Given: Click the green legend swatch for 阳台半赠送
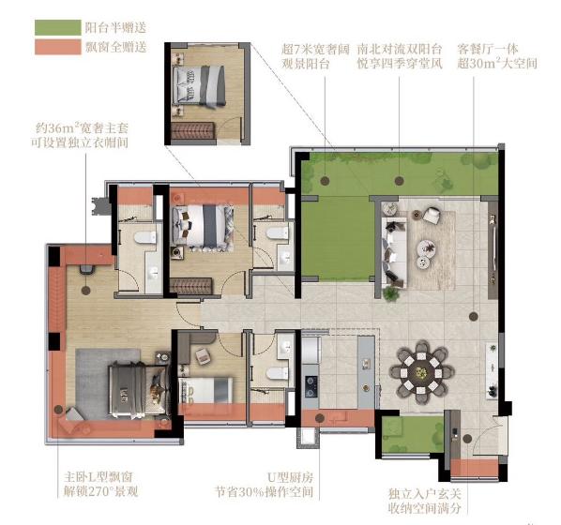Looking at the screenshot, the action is [x=57, y=28].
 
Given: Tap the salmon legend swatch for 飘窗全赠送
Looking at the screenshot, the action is [x=57, y=47].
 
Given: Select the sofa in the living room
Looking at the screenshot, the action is [x=394, y=252].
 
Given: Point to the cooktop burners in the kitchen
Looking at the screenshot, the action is [x=311, y=386].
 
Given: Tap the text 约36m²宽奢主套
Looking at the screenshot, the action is [x=82, y=127].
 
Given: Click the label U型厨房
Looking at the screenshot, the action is [x=290, y=477].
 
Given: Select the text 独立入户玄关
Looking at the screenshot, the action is [x=425, y=494].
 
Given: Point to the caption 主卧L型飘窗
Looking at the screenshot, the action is [x=99, y=477].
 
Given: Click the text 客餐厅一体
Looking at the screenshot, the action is [x=488, y=49].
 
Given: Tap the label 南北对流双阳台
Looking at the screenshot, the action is [x=400, y=49].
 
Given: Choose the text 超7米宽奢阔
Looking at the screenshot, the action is [x=315, y=49].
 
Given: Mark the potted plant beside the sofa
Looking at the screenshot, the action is [x=390, y=292].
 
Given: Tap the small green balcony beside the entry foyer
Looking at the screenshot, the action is [x=412, y=435].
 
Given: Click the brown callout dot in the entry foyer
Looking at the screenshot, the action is [x=467, y=439].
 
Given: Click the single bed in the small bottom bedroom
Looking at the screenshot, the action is [x=205, y=391].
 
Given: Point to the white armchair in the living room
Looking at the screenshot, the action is [x=432, y=215].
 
